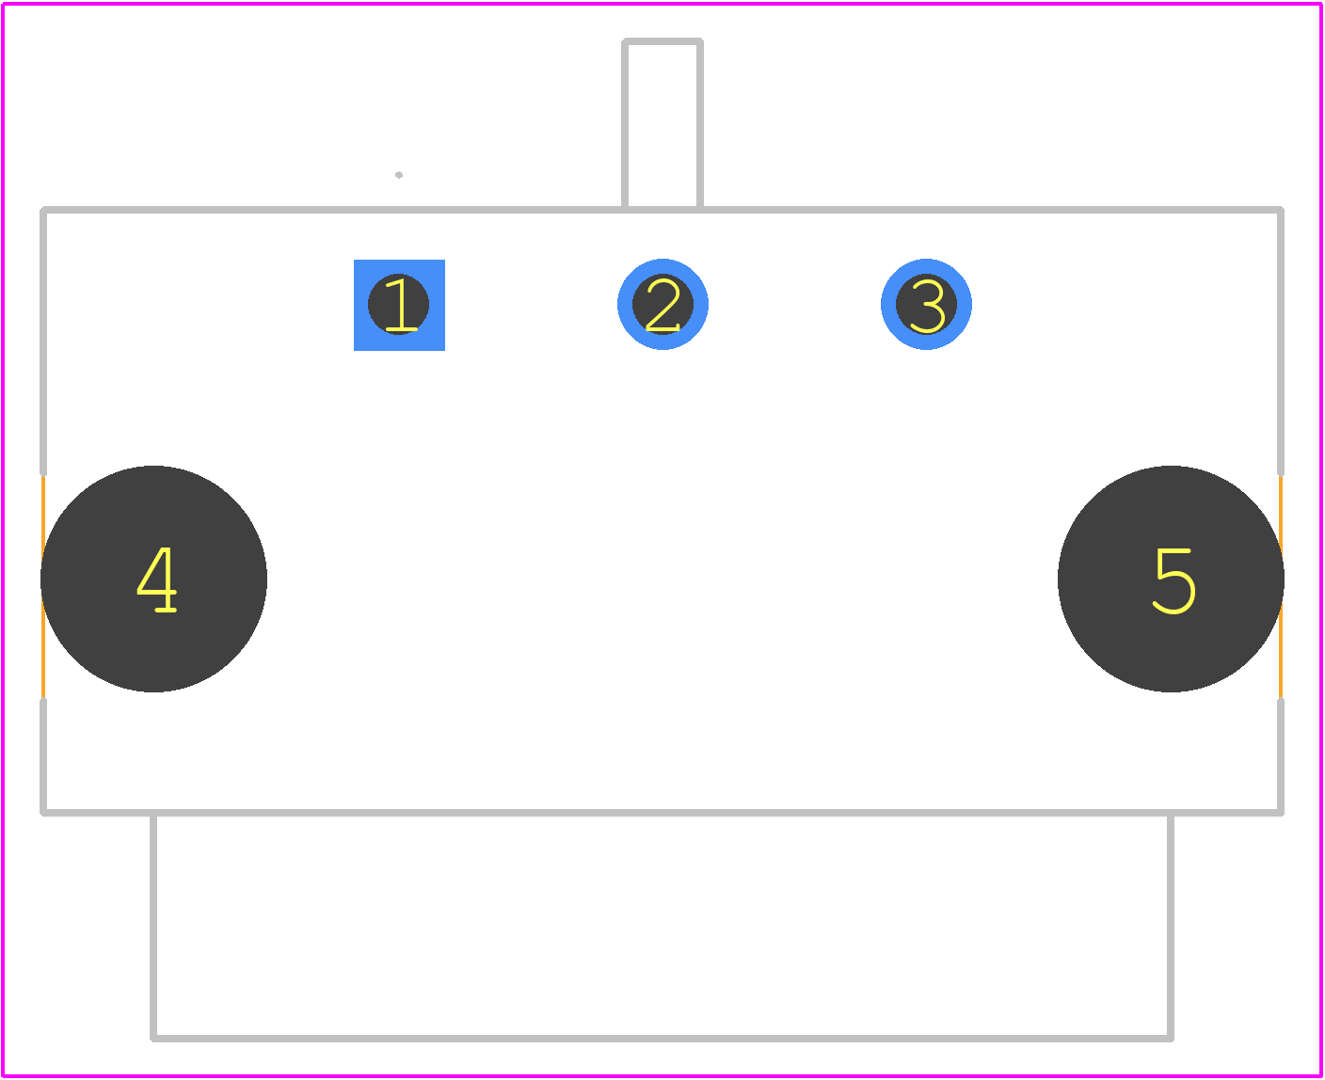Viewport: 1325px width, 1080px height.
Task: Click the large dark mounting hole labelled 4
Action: [x=153, y=579]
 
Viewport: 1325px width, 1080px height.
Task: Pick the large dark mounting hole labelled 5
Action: [x=1171, y=579]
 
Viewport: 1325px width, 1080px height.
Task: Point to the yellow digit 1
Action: [x=401, y=305]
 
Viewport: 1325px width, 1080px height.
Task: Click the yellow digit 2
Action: [x=662, y=305]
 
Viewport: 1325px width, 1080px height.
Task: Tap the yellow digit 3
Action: [x=927, y=306]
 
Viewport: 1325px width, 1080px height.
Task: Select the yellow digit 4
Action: [x=156, y=579]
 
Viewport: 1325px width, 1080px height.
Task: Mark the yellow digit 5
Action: [x=1173, y=580]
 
